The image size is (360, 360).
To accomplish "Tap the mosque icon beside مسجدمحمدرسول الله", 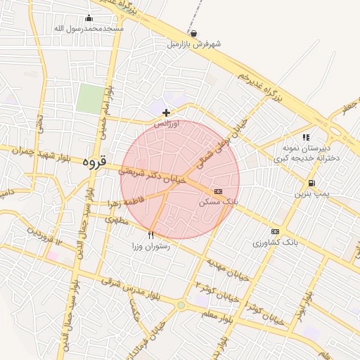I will click(89, 18).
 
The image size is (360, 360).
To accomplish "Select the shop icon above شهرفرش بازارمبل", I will click(193, 33).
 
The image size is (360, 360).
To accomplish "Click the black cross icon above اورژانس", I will click(166, 112).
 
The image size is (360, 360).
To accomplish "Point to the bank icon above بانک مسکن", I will click(218, 191).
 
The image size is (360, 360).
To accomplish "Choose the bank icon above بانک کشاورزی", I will click(275, 232).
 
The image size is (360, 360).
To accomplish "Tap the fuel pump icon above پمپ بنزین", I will click(311, 183).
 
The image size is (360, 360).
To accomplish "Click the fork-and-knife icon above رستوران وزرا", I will click(150, 235).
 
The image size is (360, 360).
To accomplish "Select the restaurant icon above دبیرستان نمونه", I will click(306, 138).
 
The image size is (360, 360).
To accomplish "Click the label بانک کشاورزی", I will click(275, 243).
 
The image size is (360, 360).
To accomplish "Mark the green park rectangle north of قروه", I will click(89, 98).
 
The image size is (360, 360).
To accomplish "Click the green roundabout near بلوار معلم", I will click(181, 305).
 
